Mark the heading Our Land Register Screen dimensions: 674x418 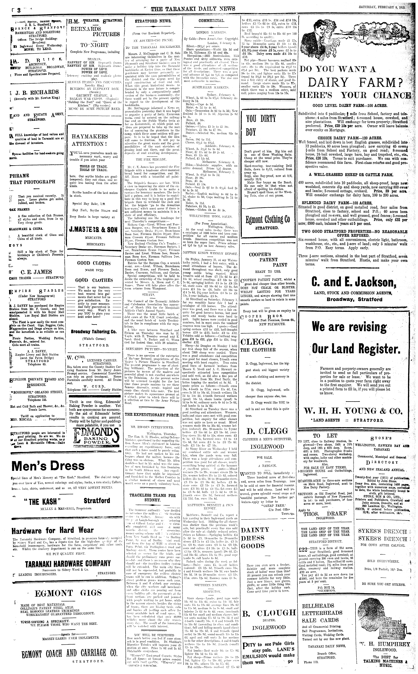tap(356, 349)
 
